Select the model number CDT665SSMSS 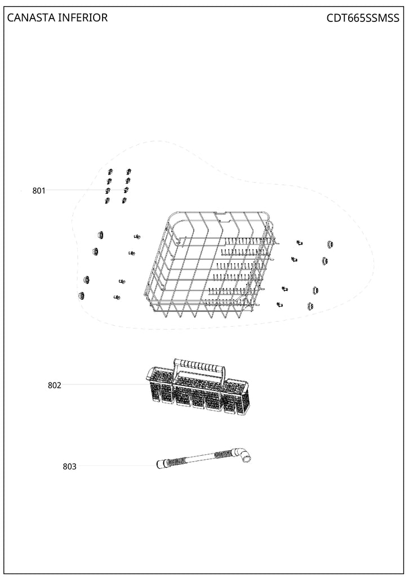(x=362, y=18)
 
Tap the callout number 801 (x=39, y=191)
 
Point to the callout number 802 (x=54, y=385)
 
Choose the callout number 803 (x=69, y=467)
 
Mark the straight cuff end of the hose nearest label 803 (x=162, y=464)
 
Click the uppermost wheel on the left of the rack (x=100, y=234)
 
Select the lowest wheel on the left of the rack (x=82, y=296)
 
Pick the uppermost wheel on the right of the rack (x=330, y=245)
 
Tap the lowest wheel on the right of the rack (x=310, y=306)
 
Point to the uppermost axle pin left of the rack (x=136, y=237)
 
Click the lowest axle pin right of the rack (x=279, y=305)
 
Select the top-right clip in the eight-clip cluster (x=128, y=171)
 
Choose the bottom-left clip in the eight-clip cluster (x=106, y=201)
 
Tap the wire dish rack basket (x=208, y=265)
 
